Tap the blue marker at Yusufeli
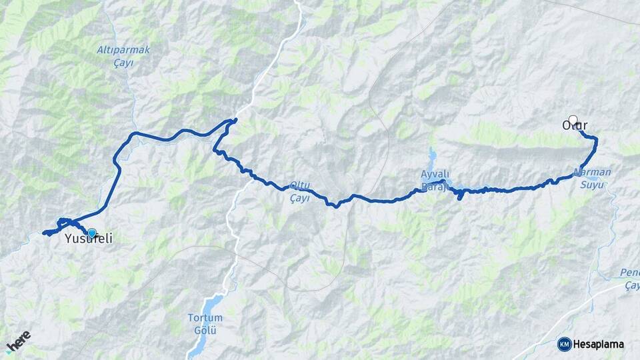pyautogui.click(x=92, y=233)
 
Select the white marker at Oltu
pyautogui.click(x=573, y=120)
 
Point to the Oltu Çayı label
pyautogui.click(x=299, y=191)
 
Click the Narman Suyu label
pyautogui.click(x=591, y=177)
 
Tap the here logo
pyautogui.click(x=18, y=341)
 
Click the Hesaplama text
pyautogui.click(x=598, y=344)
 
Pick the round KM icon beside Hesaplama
pyautogui.click(x=564, y=344)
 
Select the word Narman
pyautogui.click(x=591, y=172)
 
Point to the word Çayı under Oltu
pyautogui.click(x=299, y=197)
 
